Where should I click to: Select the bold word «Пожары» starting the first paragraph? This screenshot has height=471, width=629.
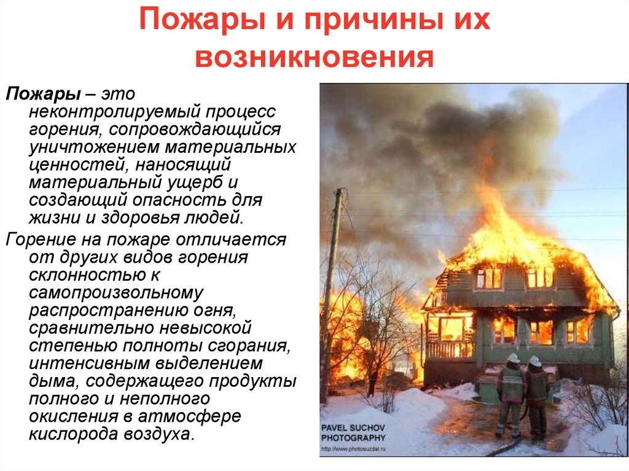click(x=42, y=96)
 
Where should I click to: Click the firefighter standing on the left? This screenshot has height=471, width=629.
click(x=510, y=393)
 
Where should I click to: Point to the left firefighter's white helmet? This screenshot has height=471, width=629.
click(x=514, y=358)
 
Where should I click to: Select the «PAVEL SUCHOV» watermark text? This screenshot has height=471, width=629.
click(x=353, y=427)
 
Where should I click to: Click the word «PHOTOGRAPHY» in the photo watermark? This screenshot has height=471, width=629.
click(x=353, y=438)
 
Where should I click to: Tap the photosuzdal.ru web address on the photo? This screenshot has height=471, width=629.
click(x=353, y=449)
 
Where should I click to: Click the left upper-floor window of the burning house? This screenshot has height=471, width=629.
click(x=489, y=278)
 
